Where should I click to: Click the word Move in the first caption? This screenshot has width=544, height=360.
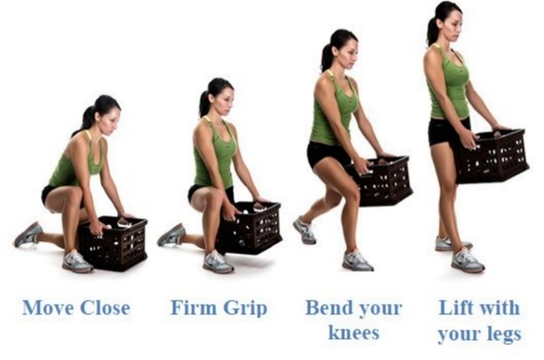[x=48, y=307]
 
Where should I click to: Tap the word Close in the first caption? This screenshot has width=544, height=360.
[x=105, y=307]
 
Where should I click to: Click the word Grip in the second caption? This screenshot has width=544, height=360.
[x=245, y=309]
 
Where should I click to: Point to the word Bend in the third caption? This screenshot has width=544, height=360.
[x=328, y=307]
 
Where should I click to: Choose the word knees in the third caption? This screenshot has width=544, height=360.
[x=354, y=332]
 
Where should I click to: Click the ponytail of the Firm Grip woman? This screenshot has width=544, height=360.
[x=204, y=99]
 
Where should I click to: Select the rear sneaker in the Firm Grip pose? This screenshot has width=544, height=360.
[x=171, y=235]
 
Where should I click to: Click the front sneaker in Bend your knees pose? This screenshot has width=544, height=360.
[x=358, y=260]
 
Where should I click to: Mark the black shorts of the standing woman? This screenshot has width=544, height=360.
[x=448, y=131]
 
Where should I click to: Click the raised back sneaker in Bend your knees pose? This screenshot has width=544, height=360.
[x=304, y=230]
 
